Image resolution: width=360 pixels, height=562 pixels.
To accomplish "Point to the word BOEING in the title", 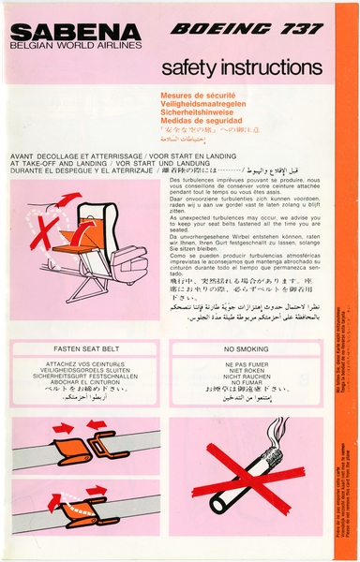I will (214, 29).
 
